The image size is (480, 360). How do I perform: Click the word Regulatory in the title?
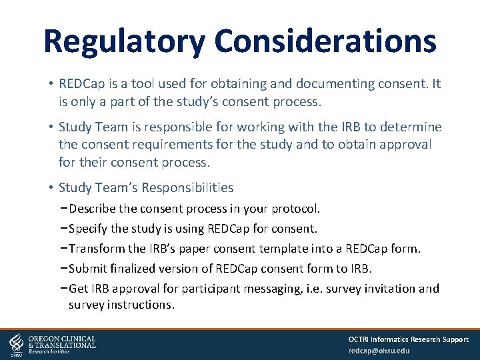(124, 41)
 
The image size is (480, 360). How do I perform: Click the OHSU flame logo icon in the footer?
(17, 345)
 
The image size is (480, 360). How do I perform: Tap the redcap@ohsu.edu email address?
(379, 351)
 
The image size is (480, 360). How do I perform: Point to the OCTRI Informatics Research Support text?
(408, 339)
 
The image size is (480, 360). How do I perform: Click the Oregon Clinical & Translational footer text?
(61, 343)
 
